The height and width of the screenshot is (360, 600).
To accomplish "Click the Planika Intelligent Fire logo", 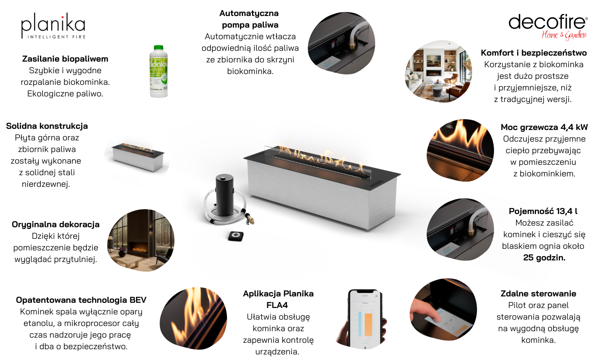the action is point(53,26).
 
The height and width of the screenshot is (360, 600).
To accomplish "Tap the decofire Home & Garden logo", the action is point(548,27).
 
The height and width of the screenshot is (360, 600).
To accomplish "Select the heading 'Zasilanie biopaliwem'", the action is point(65,59).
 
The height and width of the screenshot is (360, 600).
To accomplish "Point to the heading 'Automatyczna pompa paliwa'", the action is point(249,19).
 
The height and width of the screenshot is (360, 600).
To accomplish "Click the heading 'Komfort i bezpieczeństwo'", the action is point(534,53).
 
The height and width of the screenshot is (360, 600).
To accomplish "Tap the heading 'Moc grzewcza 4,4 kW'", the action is point(544,127).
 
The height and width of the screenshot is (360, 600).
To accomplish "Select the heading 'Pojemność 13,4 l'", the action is point(543,211).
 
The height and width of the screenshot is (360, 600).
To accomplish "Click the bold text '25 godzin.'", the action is point(544,258).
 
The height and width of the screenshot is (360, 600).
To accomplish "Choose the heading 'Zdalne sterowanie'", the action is point(538,294).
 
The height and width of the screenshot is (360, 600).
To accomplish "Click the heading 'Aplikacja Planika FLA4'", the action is point(278,299).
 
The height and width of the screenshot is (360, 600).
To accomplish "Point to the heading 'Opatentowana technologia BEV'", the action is point(81,300).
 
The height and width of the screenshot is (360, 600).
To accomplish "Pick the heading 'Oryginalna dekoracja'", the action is point(56,224).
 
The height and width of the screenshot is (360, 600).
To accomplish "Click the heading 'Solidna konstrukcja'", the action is point(47,126).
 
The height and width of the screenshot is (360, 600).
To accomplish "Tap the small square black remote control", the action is point(236,236).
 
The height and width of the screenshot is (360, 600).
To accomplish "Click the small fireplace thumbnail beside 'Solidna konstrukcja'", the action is point(138,157).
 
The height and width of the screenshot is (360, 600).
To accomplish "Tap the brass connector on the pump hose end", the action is point(250,218).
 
